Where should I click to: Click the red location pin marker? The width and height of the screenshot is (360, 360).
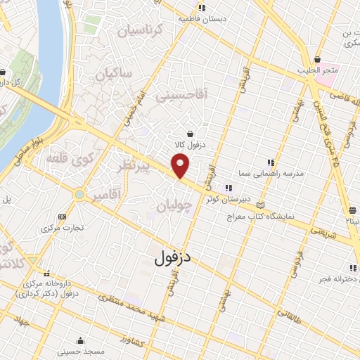click(x=181, y=166)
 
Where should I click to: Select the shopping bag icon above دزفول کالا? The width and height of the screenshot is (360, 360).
click(x=190, y=134)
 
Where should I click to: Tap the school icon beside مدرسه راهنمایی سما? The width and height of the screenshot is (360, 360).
click(x=270, y=163)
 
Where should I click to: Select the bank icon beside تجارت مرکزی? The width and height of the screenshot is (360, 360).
click(x=63, y=217)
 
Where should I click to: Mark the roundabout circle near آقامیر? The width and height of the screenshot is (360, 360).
click(x=79, y=194)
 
